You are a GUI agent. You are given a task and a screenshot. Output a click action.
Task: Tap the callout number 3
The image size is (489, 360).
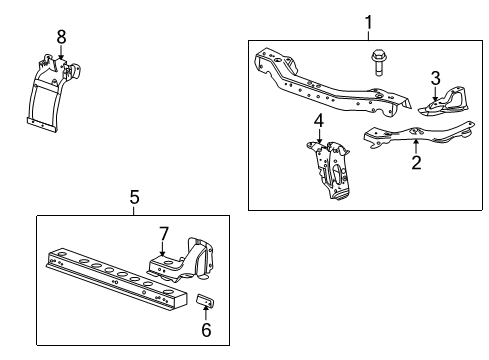(x=435, y=77)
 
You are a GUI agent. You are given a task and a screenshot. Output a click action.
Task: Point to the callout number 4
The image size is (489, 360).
(x=318, y=122)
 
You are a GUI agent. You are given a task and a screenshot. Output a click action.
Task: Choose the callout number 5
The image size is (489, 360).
(x=134, y=199)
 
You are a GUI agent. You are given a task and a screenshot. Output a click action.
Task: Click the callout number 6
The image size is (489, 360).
(x=207, y=331)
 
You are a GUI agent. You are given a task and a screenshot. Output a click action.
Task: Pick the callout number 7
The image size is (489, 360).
(x=164, y=234)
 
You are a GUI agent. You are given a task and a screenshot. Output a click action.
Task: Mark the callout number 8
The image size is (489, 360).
(x=61, y=37)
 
